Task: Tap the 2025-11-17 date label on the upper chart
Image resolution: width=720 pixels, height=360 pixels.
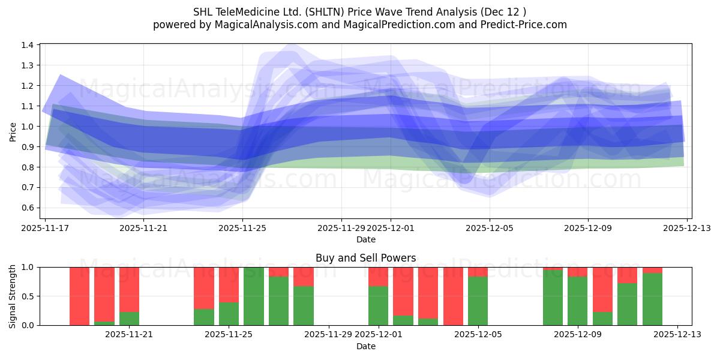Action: point(46,228)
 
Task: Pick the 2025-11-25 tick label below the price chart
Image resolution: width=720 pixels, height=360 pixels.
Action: point(243,228)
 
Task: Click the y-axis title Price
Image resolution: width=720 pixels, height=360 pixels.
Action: point(13,131)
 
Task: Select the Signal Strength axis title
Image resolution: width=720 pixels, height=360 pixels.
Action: point(13,296)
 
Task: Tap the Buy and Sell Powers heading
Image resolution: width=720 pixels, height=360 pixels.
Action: point(365,258)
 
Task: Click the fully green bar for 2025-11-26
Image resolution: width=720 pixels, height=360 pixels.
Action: point(254,296)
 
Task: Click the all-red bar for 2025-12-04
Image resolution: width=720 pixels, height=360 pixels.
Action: point(453,296)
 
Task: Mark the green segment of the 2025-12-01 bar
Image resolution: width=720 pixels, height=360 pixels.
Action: point(378,306)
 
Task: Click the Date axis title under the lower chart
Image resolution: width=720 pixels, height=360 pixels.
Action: point(365,346)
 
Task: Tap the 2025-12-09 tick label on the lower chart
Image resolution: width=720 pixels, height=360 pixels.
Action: point(577,334)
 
